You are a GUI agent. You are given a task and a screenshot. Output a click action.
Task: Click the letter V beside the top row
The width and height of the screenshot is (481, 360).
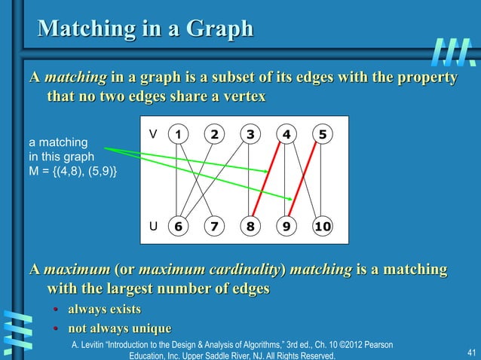point(153,134)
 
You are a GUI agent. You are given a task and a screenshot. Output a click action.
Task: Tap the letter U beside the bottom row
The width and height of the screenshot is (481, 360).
point(153,225)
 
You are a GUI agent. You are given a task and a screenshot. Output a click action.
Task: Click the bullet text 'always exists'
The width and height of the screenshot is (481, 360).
point(104,310)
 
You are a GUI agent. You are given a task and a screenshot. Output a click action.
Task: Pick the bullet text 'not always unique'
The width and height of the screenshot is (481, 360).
point(119,328)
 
